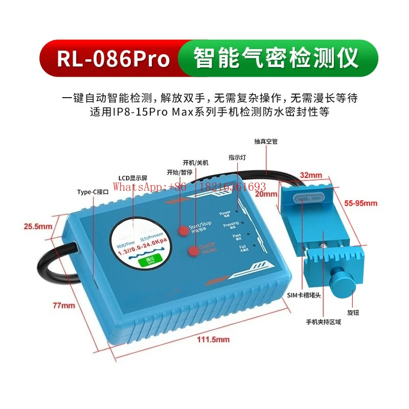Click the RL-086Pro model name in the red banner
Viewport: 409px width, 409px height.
(x=113, y=59)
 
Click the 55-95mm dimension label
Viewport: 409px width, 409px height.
(x=361, y=203)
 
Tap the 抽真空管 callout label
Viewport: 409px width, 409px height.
(x=265, y=141)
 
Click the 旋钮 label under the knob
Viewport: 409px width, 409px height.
(x=352, y=311)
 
